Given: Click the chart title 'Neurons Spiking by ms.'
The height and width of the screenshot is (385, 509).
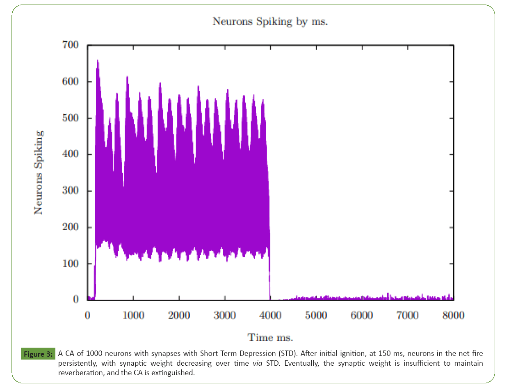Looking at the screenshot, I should [x=270, y=22].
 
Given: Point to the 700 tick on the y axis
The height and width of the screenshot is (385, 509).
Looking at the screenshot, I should [x=71, y=45].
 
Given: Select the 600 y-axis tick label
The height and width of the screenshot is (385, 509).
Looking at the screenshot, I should [x=71, y=82].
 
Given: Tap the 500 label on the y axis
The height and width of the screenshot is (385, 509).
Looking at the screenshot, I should [x=71, y=118].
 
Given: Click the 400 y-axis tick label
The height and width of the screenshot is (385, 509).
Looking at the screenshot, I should [x=71, y=155].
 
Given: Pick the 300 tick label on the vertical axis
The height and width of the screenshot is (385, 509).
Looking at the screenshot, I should [x=71, y=191].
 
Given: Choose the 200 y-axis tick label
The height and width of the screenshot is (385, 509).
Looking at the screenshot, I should [x=71, y=227].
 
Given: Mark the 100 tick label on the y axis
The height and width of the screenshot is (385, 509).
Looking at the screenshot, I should [x=71, y=264].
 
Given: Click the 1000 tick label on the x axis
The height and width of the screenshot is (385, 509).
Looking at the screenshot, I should [x=133, y=315].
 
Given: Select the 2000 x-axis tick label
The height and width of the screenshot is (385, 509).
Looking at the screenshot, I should [x=179, y=315].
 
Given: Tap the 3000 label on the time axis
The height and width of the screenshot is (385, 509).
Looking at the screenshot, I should [x=225, y=315].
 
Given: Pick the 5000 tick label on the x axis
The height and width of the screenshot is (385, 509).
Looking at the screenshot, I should [x=316, y=315].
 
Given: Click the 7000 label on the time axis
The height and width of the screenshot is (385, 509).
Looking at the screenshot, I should [x=408, y=315].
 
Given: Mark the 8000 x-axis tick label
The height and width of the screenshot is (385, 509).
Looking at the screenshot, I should [x=453, y=315].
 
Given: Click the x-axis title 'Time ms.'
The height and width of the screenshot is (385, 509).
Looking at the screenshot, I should [x=270, y=338].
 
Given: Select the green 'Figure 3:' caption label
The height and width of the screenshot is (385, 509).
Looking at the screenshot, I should [x=37, y=353].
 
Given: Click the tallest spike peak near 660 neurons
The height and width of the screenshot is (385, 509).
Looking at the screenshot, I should [x=98, y=61].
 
